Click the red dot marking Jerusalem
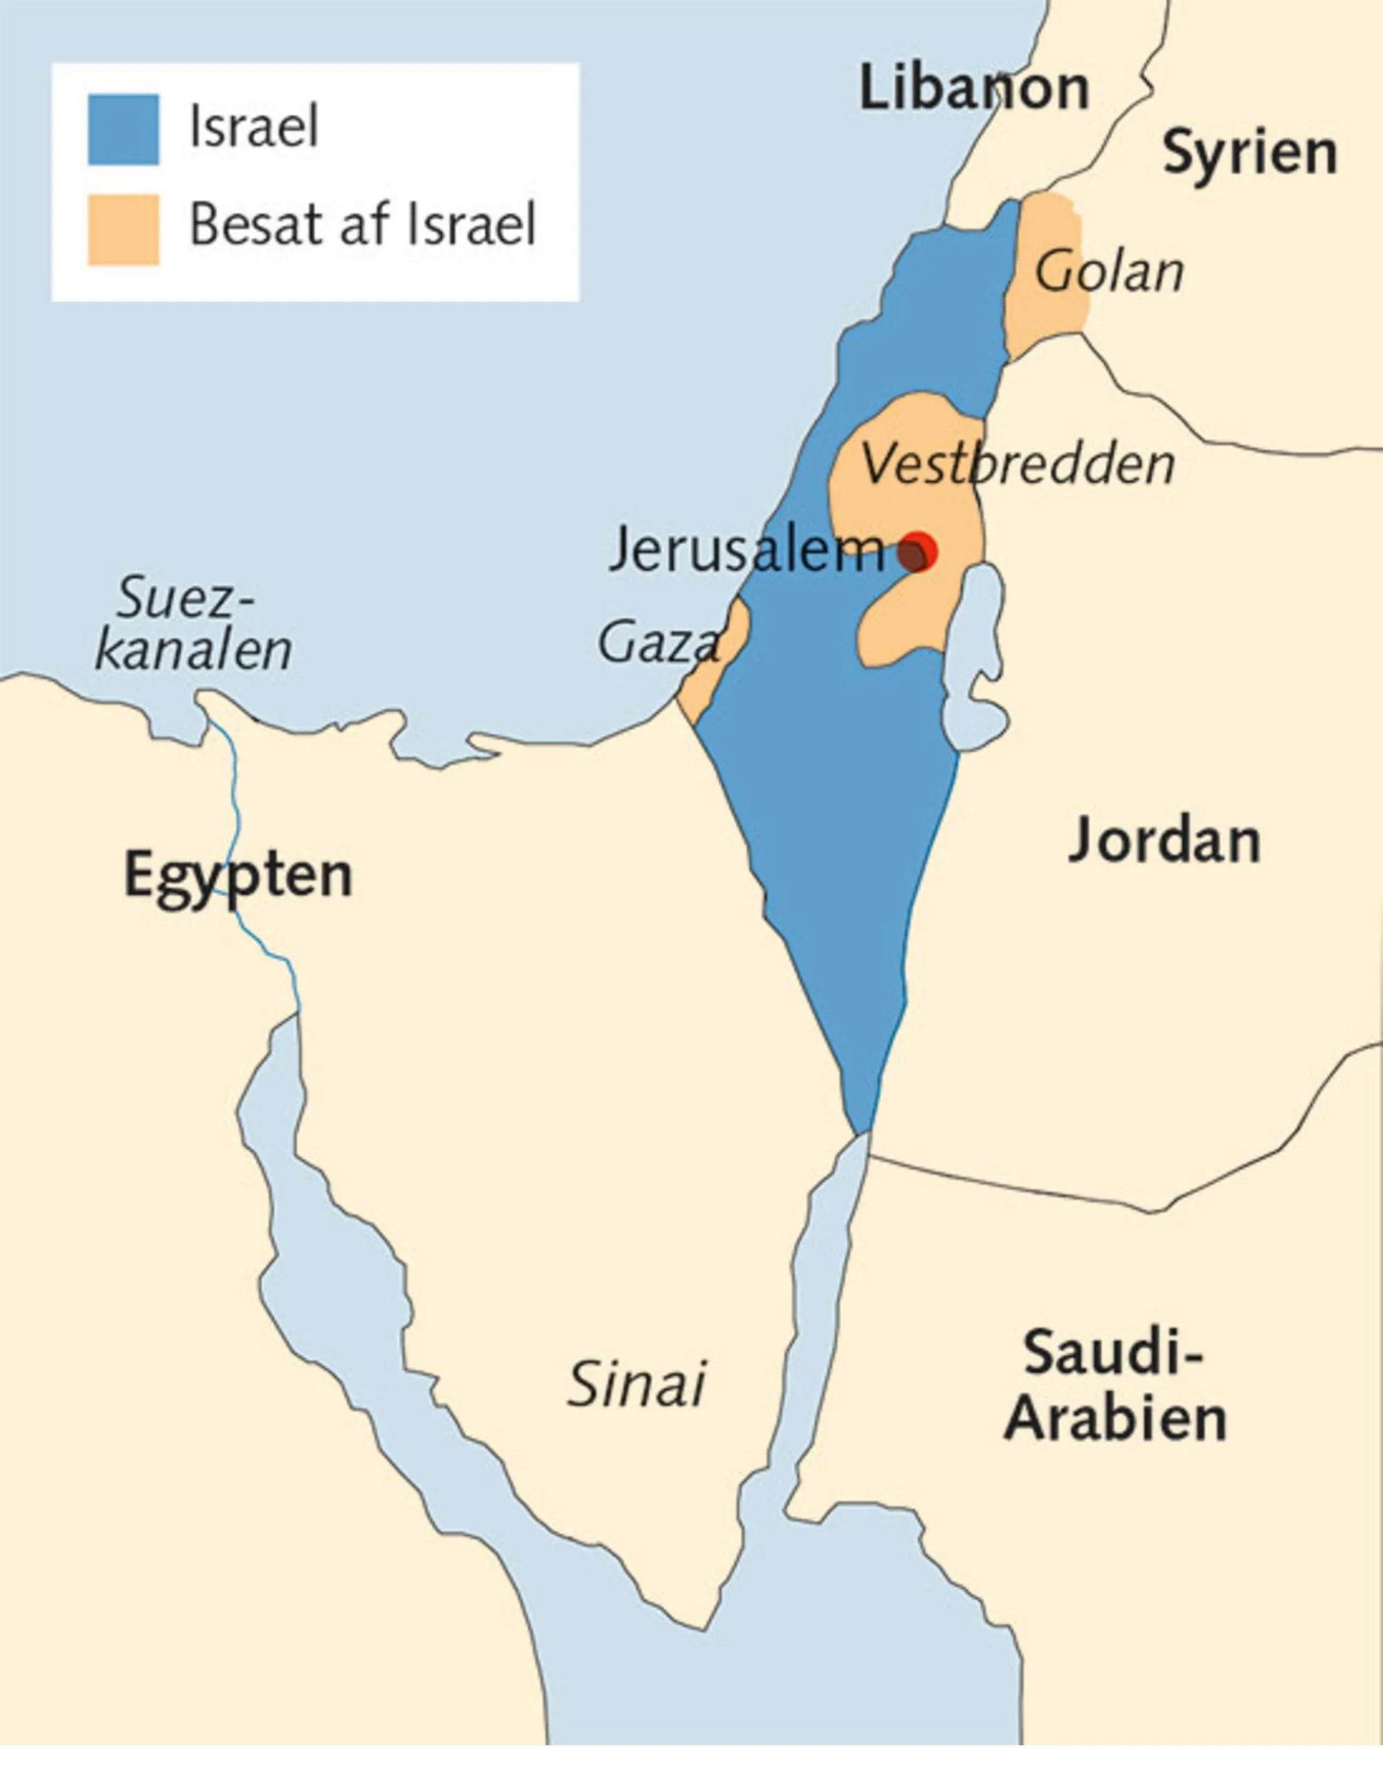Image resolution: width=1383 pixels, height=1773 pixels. click(x=919, y=552)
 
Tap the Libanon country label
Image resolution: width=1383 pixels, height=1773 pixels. click(x=973, y=89)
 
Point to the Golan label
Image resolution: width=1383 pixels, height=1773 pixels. click(x=1108, y=272)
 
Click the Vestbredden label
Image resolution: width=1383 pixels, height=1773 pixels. click(x=1017, y=465)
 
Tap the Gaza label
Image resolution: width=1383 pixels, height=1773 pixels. click(x=658, y=642)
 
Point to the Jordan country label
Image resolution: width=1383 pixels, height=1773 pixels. click(x=1164, y=841)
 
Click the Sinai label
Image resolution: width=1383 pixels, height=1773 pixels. click(x=635, y=1385)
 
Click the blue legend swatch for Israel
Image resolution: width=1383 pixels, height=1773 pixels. click(x=123, y=130)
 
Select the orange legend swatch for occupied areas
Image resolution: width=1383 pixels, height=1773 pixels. click(x=123, y=230)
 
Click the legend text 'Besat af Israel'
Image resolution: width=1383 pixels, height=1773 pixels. click(x=362, y=225)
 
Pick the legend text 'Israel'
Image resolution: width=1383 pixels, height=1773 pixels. click(x=253, y=127)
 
